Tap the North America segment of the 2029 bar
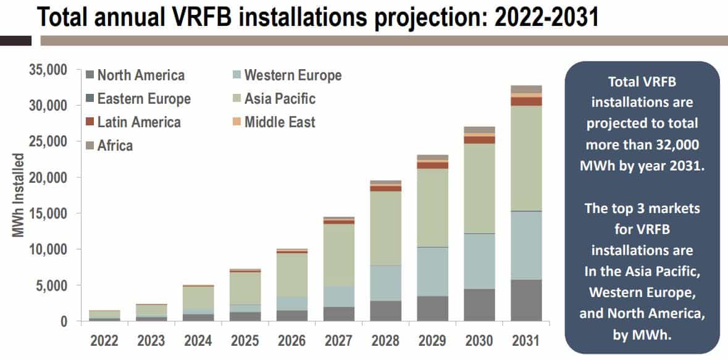coord(432,308)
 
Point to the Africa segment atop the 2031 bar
coord(526,89)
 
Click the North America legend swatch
coord(90,75)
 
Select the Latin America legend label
coord(139,122)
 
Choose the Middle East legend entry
coord(280,122)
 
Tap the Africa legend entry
coord(115,146)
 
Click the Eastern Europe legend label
coord(144,99)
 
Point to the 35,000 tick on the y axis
coord(48,70)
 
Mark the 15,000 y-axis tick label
coord(48,214)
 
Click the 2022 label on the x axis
coord(104,340)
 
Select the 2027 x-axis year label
coord(338,340)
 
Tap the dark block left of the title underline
coord(15,41)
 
